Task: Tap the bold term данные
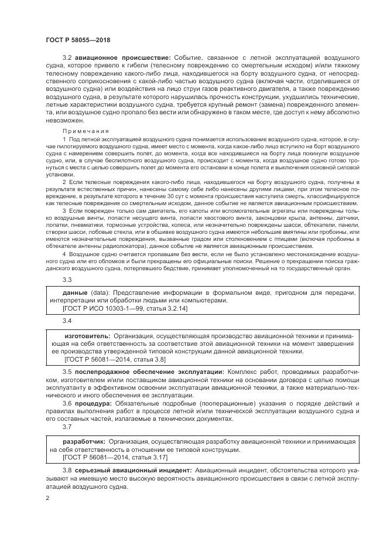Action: pyautogui.click(x=76, y=292)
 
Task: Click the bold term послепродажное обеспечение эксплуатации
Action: pyautogui.click(x=149, y=373)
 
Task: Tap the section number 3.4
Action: pyautogui.click(x=67, y=322)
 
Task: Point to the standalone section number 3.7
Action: pyautogui.click(x=67, y=427)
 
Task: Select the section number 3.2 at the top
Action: pyautogui.click(x=67, y=57)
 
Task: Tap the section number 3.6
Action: pyautogui.click(x=67, y=404)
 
